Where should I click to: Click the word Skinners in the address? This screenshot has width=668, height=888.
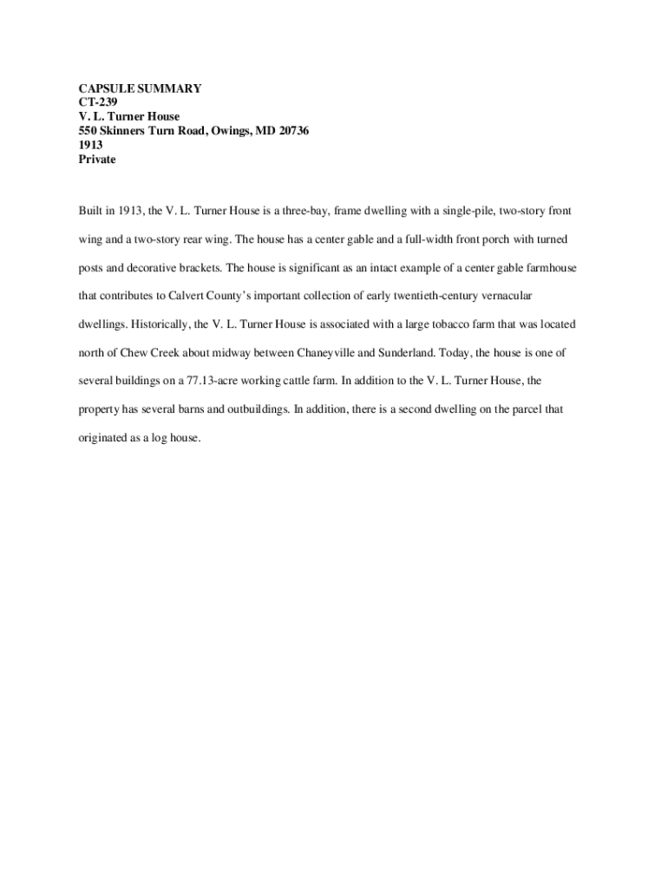coord(124,131)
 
